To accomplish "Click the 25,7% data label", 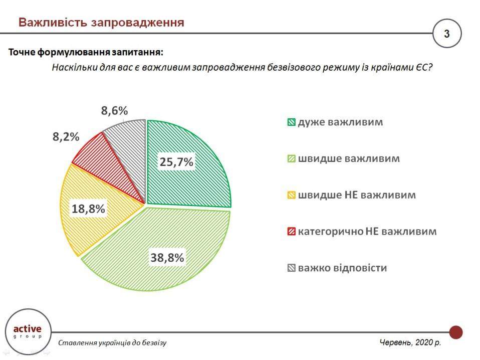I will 176,161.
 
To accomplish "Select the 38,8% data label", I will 167,258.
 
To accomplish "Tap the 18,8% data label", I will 88,209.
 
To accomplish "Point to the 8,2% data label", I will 66,136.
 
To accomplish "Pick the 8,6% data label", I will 115,111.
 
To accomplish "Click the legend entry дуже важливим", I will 340,122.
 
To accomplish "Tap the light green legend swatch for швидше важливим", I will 291,159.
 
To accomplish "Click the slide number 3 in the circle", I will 447,34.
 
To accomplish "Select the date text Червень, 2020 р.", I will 410,343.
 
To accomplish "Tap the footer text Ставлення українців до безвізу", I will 112,343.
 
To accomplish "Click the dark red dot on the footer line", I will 455,332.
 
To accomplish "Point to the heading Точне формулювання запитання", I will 86,52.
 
